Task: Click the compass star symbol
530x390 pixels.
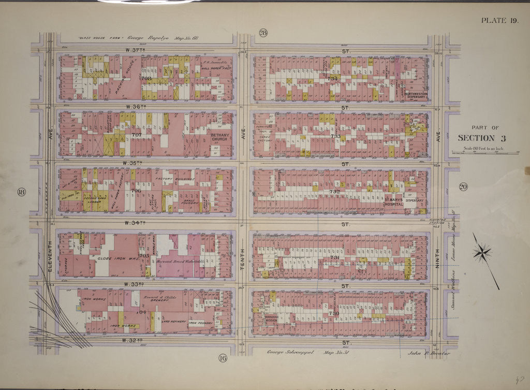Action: click(481, 253)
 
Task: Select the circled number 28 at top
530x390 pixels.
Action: click(263, 33)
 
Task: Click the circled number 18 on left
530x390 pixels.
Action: click(21, 193)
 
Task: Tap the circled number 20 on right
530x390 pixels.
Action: click(462, 187)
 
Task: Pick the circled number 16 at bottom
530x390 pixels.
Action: click(222, 358)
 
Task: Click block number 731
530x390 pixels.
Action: click(334, 257)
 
